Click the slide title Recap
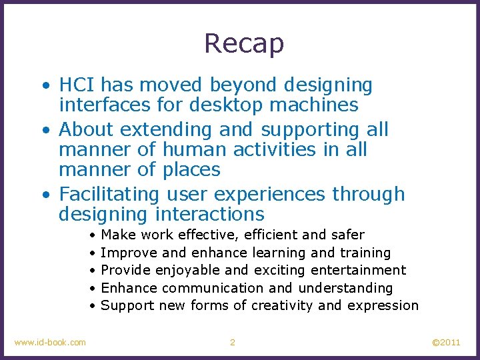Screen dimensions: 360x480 pos(244,44)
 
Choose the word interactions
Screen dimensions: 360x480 pos(209,215)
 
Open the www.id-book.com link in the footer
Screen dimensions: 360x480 pos(50,343)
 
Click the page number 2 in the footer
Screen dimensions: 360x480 pos(232,343)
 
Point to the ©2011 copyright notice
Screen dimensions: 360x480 pos(446,343)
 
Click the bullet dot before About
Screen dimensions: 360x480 pos(45,130)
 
